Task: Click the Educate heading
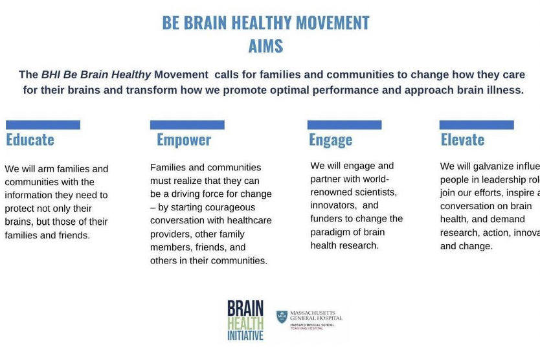pyautogui.click(x=30, y=140)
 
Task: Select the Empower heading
pyautogui.click(x=184, y=140)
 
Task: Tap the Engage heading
pyautogui.click(x=330, y=140)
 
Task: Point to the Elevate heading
pyautogui.click(x=462, y=140)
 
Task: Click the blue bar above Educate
pyautogui.click(x=43, y=125)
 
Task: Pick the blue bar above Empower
pyautogui.click(x=187, y=125)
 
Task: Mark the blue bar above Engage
pyautogui.click(x=344, y=125)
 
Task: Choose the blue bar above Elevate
pyautogui.click(x=477, y=125)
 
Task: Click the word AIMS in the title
pyautogui.click(x=265, y=47)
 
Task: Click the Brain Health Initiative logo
pyautogui.click(x=245, y=320)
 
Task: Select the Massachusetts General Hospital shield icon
pyautogui.click(x=281, y=317)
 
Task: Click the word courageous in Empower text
pyautogui.click(x=228, y=207)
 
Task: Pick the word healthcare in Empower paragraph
pyautogui.click(x=249, y=221)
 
